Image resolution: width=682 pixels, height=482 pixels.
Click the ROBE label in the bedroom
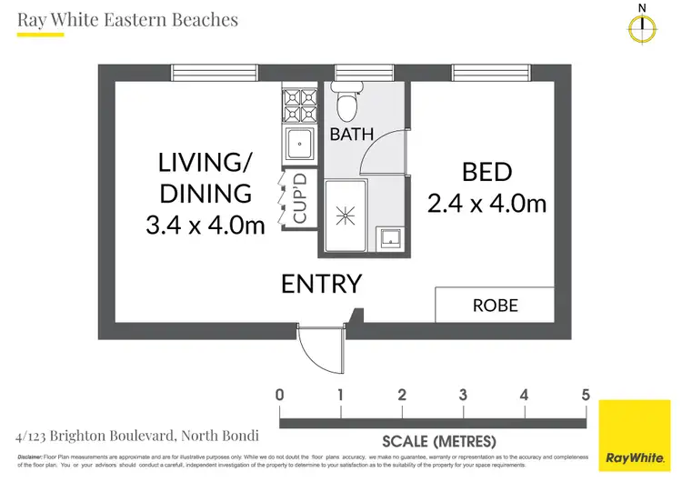point(495,306)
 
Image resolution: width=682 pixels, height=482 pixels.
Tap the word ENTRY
point(321,284)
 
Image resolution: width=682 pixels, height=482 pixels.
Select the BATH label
point(352,135)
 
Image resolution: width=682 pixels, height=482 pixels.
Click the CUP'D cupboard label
point(300,200)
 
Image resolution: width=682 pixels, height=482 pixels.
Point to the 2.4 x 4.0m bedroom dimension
point(487,202)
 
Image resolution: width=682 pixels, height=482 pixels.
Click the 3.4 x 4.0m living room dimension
point(206,224)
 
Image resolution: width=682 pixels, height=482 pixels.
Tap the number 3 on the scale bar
point(463,395)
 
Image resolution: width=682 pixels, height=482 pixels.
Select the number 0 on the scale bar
point(279,395)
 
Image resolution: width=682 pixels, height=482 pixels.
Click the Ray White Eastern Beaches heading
point(127,19)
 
